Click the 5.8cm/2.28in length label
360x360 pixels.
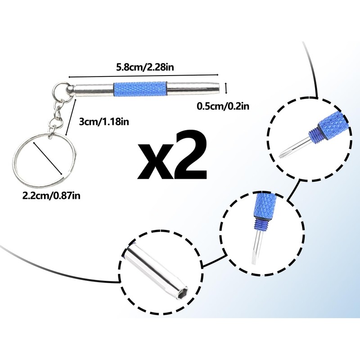click(x=145, y=67)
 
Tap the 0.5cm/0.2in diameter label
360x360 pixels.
click(x=223, y=106)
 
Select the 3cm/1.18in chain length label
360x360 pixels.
click(x=104, y=121)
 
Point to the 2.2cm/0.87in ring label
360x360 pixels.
click(x=51, y=196)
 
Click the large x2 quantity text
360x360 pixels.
click(x=172, y=155)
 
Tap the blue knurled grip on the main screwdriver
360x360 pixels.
click(x=140, y=88)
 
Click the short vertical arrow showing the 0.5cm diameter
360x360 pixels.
click(x=226, y=88)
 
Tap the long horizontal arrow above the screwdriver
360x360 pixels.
click(x=143, y=76)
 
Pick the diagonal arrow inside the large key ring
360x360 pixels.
click(x=48, y=158)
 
